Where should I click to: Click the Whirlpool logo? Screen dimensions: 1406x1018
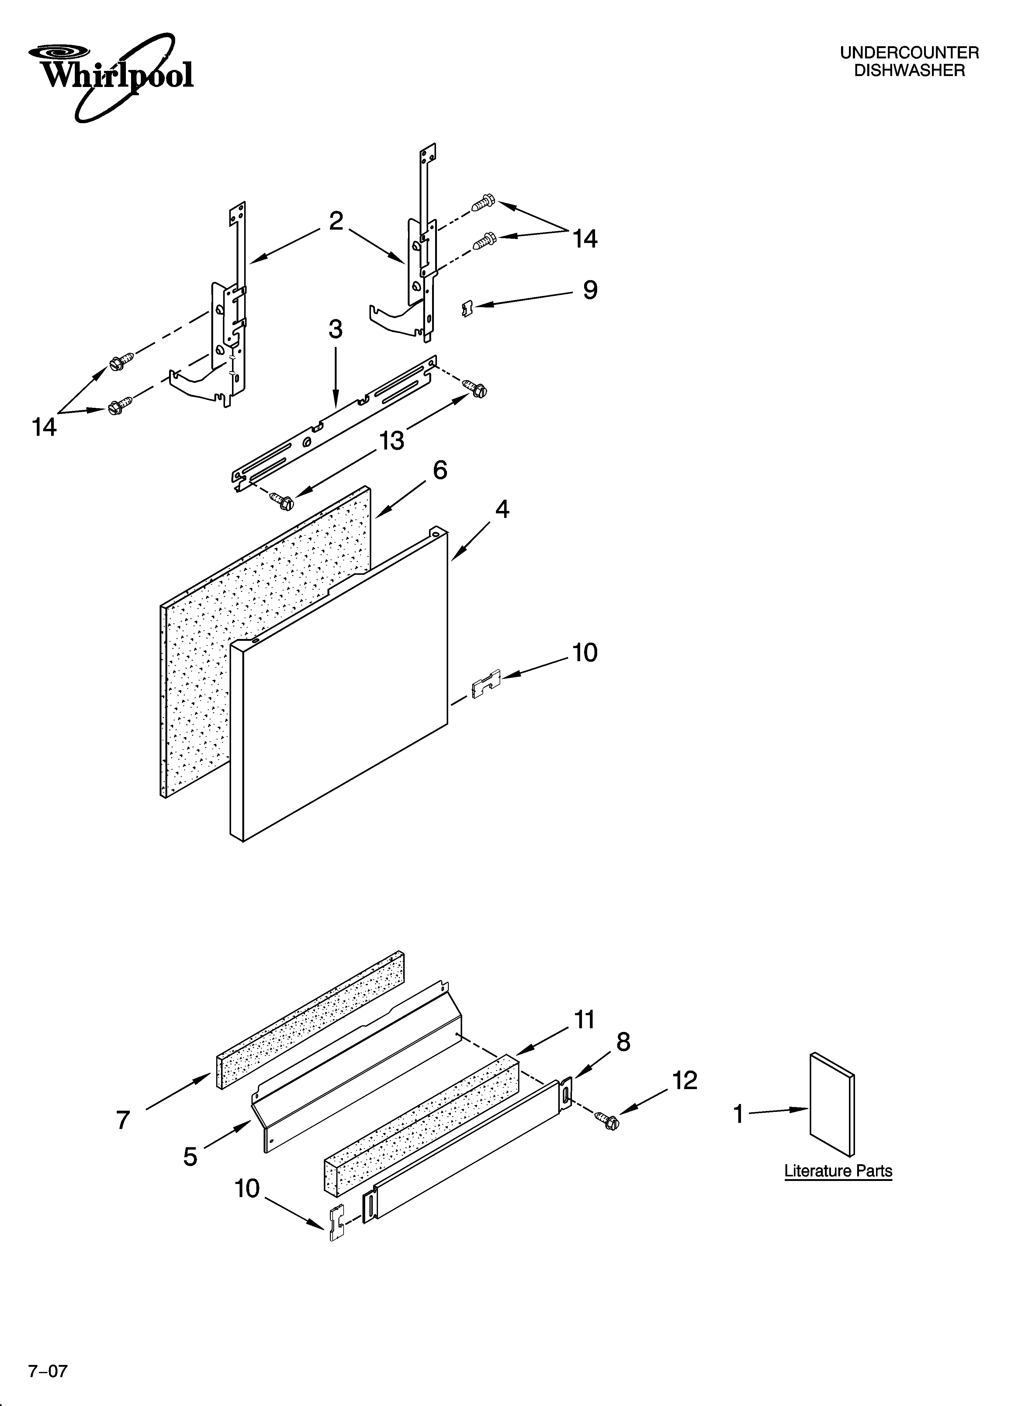tap(110, 76)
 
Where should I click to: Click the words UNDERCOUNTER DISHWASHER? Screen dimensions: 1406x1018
tap(909, 62)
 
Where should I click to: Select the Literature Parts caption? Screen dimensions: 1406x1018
tap(838, 1171)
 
